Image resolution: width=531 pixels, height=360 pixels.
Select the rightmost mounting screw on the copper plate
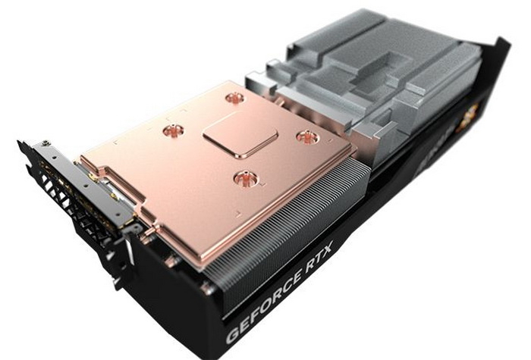click(307, 136)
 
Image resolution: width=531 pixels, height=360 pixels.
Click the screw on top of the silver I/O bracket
click(48, 142)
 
